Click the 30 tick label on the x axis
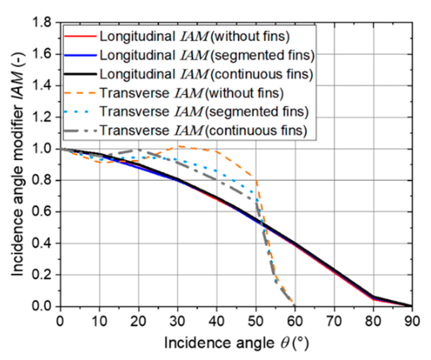coord(178,321)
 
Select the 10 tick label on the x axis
coord(100,321)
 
